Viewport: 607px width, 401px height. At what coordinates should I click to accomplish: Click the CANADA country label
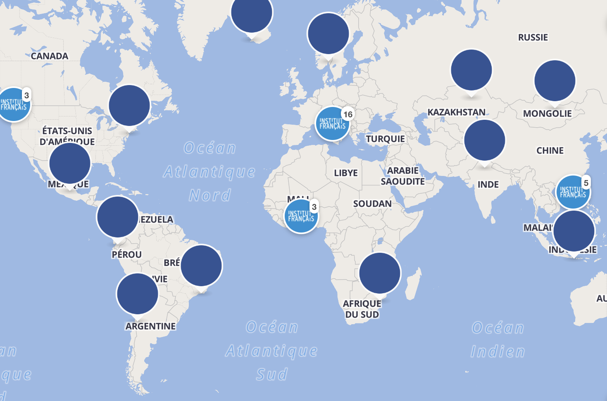[x=50, y=56]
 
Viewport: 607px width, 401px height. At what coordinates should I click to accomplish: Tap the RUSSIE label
[x=533, y=37]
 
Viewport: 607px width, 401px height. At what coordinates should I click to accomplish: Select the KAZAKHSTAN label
[x=456, y=112]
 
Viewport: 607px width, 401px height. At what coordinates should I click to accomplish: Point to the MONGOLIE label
[x=547, y=114]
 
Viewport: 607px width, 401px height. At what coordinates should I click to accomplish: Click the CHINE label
[x=550, y=151]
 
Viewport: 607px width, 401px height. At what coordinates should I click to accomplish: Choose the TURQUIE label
[x=385, y=139]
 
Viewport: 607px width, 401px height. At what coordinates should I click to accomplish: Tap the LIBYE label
[x=346, y=173]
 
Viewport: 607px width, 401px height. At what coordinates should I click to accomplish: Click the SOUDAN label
[x=372, y=204]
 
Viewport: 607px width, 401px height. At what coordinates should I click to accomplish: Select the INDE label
[x=488, y=185]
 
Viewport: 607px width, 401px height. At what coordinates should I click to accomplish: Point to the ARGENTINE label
[x=150, y=326]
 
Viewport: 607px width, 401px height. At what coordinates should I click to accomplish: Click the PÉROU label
[x=126, y=254]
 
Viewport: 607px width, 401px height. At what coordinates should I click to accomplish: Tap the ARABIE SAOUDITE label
[x=402, y=176]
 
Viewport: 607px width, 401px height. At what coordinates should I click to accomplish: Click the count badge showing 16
[x=348, y=114]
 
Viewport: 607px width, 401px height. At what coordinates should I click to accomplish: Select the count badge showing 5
[x=586, y=183]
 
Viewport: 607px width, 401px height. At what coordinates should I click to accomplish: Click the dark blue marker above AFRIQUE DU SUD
[x=380, y=273]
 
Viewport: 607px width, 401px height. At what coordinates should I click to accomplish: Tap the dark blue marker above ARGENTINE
[x=138, y=294]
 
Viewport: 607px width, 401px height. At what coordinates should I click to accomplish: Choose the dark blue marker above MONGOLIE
[x=555, y=81]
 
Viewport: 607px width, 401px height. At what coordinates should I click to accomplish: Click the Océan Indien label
[x=498, y=339]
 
